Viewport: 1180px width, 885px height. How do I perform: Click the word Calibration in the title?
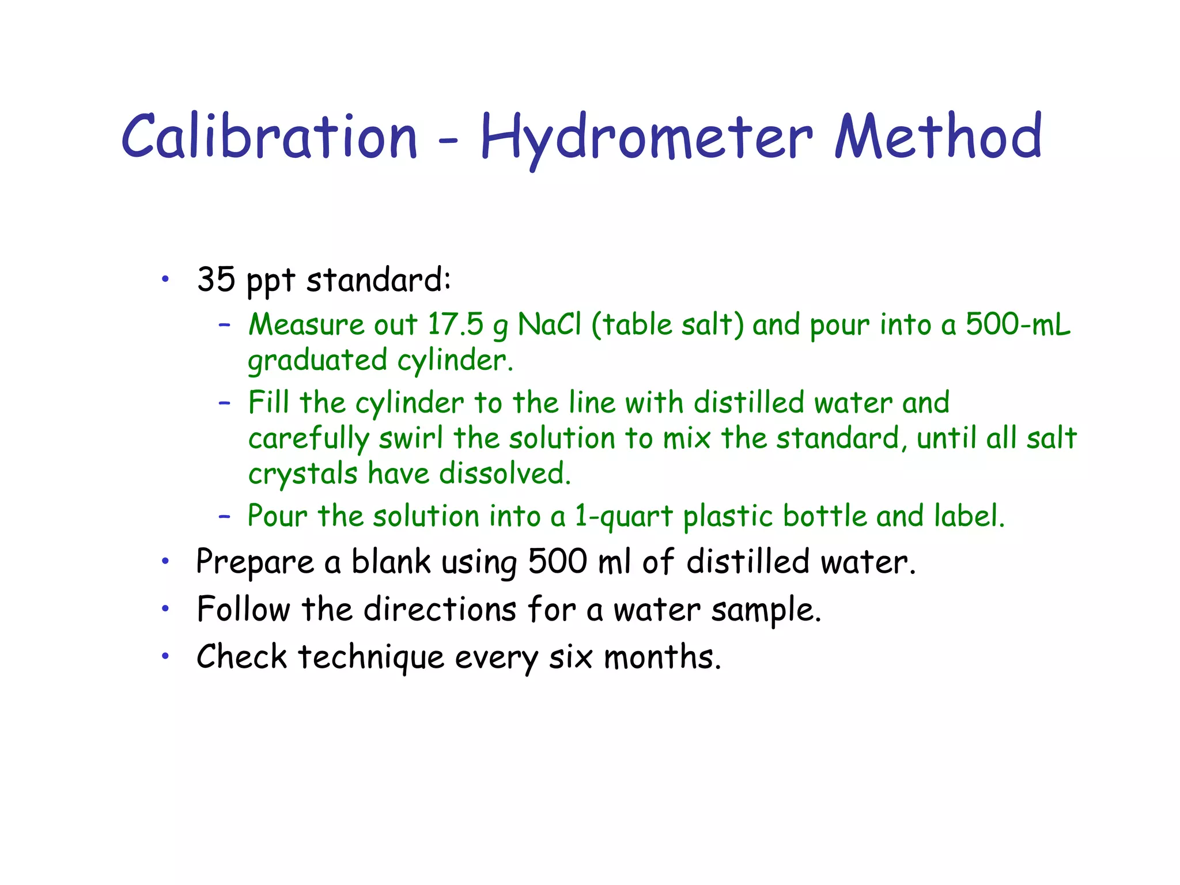269,137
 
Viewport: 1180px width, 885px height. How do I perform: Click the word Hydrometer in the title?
646,138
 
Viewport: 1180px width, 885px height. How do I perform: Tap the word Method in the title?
939,137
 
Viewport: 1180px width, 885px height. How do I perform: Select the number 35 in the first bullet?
216,279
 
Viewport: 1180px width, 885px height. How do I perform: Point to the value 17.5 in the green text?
455,324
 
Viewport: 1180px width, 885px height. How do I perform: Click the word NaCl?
550,324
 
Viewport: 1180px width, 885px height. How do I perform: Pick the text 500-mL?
1018,324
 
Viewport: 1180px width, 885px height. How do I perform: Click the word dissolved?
505,474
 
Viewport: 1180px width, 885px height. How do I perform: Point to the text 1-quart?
624,516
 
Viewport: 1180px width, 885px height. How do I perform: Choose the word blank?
391,562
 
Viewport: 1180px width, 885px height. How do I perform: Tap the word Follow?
244,609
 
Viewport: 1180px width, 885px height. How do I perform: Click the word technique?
371,657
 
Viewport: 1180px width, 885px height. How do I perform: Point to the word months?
662,657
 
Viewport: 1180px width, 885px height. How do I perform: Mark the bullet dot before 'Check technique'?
165,656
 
